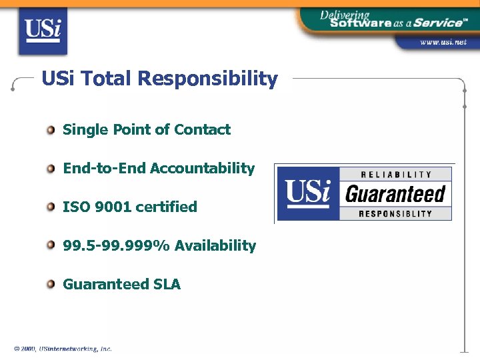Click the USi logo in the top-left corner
point(42,31)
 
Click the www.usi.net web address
point(443,41)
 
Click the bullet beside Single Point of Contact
point(51,130)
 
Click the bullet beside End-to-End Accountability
point(51,169)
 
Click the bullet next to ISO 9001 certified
point(51,207)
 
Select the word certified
point(166,207)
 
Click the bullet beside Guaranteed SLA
point(51,285)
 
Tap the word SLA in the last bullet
point(167,285)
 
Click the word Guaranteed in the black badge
point(395,194)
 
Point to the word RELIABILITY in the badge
point(396,175)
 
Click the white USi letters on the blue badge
point(308,192)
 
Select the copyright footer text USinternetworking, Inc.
point(75,349)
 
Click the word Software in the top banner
point(361,23)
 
